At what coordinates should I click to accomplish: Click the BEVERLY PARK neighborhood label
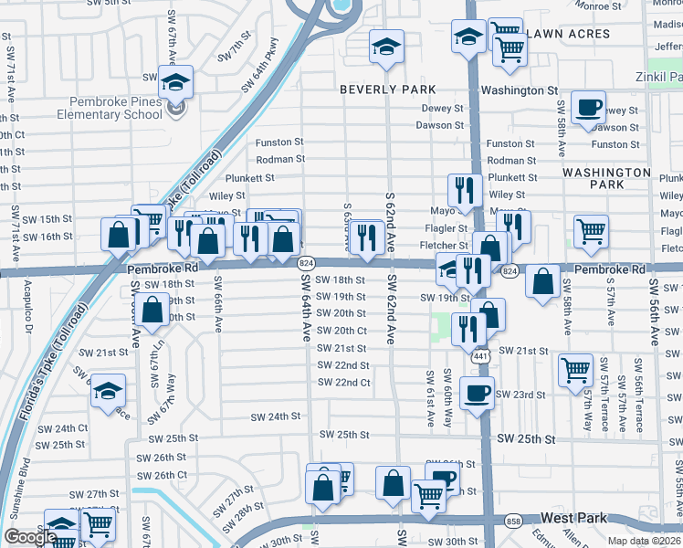[388, 90]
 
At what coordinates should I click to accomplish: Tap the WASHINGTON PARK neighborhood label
[606, 178]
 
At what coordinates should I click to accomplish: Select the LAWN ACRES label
[568, 34]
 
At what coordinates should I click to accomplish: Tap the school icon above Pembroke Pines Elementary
[175, 83]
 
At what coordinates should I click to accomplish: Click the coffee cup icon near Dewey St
[588, 107]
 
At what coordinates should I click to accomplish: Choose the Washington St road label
[519, 90]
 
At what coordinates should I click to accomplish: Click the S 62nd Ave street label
[390, 222]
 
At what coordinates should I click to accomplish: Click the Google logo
[30, 537]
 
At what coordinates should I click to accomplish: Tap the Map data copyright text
[645, 541]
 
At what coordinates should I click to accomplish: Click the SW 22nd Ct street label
[344, 383]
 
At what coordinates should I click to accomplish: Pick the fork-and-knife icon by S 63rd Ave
[367, 237]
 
